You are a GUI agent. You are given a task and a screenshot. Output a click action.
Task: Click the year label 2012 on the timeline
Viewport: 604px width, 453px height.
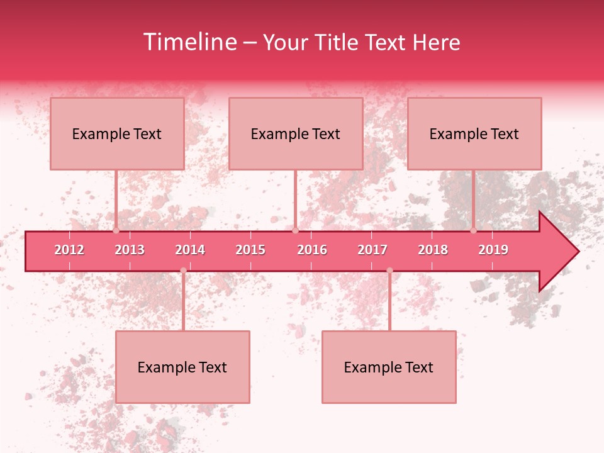click(69, 250)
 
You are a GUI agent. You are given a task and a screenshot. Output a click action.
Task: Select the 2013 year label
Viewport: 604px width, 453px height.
click(130, 250)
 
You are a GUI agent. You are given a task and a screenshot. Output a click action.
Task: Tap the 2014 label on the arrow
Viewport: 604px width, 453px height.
click(190, 250)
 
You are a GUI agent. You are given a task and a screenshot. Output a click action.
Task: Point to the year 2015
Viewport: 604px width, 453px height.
click(250, 250)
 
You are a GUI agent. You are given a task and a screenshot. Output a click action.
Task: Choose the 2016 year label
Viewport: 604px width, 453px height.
click(312, 250)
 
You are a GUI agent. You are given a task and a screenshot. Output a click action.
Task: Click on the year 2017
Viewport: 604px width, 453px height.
click(372, 250)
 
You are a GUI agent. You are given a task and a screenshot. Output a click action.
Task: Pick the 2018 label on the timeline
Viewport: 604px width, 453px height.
click(433, 250)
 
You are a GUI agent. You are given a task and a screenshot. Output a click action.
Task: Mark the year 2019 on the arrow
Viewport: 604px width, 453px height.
click(493, 250)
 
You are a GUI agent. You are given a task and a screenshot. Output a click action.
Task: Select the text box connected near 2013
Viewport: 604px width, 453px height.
click(117, 133)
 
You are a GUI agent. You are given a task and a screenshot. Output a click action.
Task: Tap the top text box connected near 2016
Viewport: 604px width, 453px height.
click(296, 133)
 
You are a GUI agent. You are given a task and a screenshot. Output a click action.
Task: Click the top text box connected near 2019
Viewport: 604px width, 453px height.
click(474, 133)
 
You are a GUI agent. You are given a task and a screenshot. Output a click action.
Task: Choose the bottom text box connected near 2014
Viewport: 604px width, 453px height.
click(182, 367)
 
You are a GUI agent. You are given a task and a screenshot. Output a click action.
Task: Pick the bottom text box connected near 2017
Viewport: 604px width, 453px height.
click(389, 367)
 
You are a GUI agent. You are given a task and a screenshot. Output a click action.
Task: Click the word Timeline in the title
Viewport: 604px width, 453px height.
click(189, 42)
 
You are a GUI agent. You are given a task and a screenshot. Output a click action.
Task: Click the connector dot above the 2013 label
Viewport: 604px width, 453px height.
click(116, 230)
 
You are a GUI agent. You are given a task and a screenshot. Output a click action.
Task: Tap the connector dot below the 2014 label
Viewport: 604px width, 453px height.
click(183, 271)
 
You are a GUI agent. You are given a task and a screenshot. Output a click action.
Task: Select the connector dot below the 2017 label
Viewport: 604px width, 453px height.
click(389, 271)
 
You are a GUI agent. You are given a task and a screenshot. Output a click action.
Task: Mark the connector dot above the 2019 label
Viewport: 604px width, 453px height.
click(473, 230)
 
